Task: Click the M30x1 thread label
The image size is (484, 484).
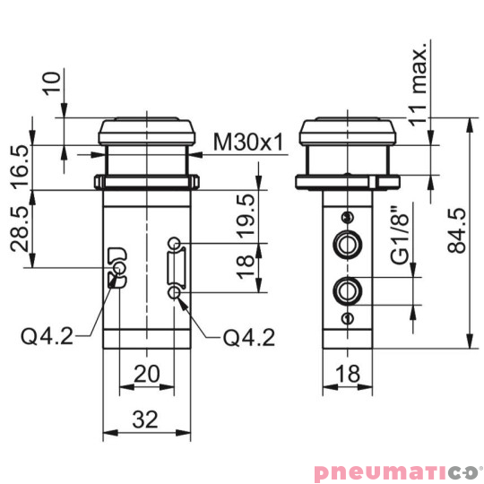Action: tap(249, 143)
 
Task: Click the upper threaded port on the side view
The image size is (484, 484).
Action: tap(346, 243)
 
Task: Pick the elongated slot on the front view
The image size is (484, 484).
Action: tap(177, 267)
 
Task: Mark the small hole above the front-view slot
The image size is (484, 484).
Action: tap(177, 243)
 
